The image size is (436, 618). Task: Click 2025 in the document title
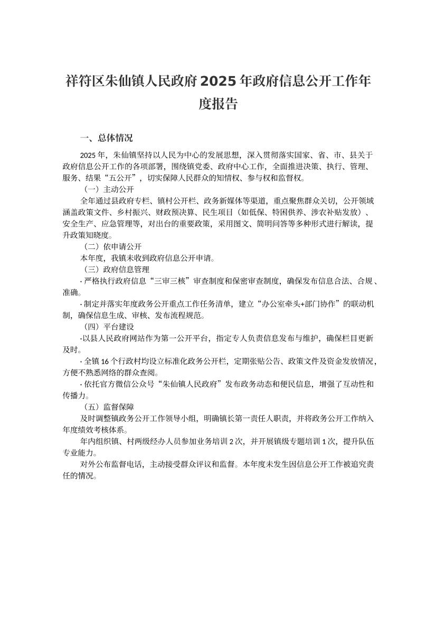click(x=218, y=82)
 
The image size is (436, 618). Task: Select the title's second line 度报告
click(x=218, y=104)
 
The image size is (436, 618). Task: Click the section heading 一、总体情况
click(x=106, y=139)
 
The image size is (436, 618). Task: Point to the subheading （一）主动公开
click(x=109, y=189)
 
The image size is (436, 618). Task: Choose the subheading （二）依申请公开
click(x=113, y=246)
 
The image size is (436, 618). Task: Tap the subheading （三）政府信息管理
click(x=116, y=269)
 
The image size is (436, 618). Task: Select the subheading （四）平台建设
click(x=109, y=327)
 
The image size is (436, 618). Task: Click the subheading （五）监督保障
click(x=109, y=407)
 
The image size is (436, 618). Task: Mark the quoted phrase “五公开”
click(x=119, y=178)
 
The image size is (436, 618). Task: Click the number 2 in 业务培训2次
click(x=231, y=441)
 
